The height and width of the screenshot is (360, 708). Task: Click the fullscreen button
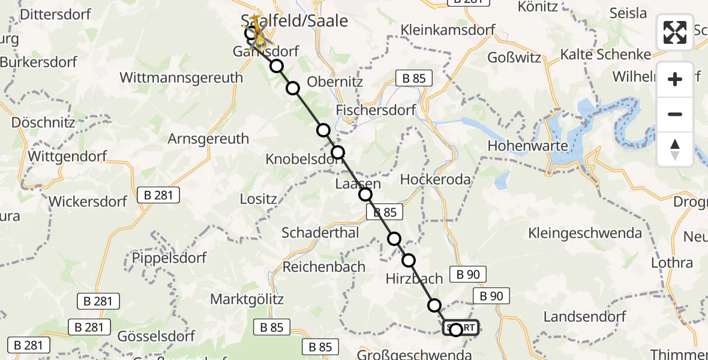(675, 32)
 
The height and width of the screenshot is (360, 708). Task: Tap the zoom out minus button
(675, 114)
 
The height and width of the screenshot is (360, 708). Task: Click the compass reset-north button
(675, 149)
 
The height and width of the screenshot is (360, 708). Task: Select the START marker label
(462, 328)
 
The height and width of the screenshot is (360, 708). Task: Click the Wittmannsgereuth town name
(181, 77)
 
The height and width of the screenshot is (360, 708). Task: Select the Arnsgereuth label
(208, 139)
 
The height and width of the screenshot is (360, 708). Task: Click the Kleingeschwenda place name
(585, 233)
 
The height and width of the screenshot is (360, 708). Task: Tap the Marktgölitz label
(247, 299)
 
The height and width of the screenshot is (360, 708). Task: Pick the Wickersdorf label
(88, 201)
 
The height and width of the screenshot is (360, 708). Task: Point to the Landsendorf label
(585, 316)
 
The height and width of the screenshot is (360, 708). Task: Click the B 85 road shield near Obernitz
(410, 78)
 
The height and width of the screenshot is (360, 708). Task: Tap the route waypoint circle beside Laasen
(365, 194)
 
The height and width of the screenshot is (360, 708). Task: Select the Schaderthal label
(320, 233)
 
